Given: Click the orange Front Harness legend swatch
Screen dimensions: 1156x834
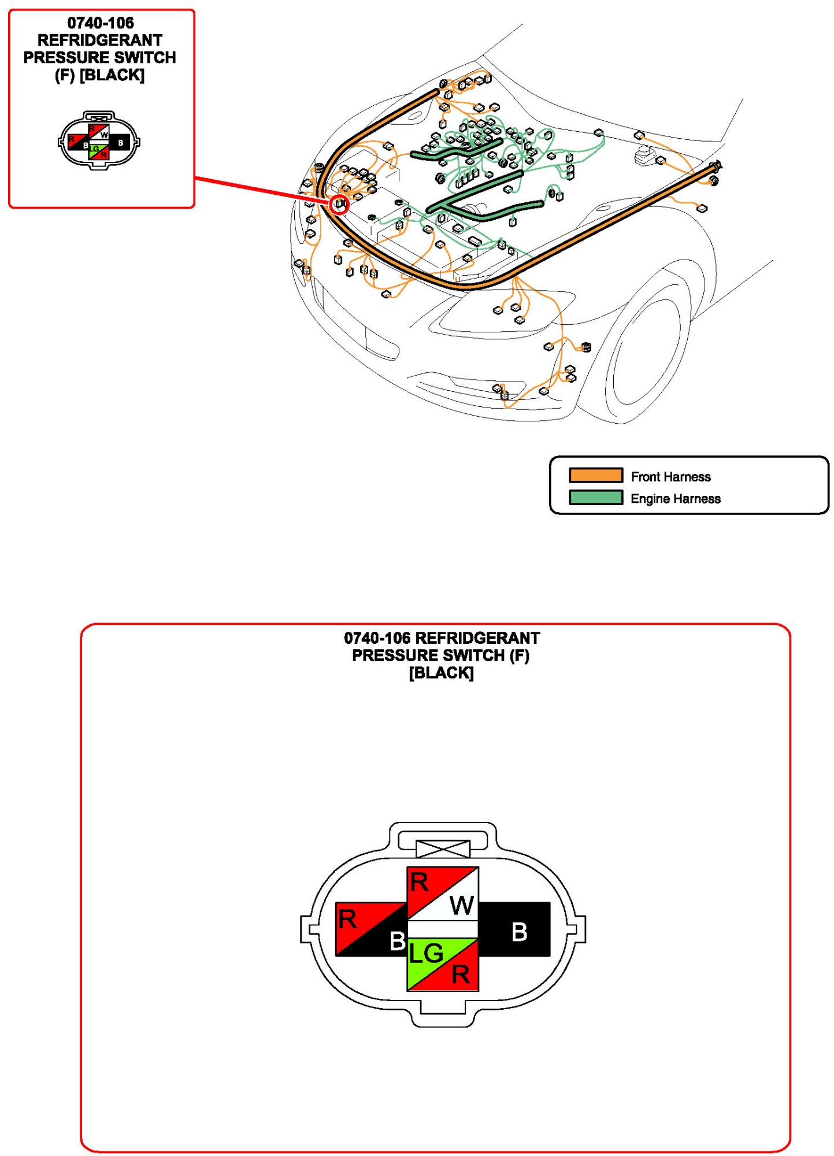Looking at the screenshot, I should point(595,475).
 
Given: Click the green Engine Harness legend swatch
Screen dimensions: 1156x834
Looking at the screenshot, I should point(595,498).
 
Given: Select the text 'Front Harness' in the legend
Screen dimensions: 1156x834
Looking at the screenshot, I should point(670,477).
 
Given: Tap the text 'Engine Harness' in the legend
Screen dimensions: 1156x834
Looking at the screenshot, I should point(675,499).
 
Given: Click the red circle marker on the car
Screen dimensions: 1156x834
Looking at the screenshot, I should point(340,204).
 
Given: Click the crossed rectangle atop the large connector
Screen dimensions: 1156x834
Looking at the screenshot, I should point(443,849).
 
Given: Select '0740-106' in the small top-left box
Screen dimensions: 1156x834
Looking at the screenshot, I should point(101,23).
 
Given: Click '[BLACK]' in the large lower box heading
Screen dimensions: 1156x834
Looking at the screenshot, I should point(441,673).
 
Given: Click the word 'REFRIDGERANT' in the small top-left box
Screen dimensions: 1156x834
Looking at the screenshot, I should point(100,40).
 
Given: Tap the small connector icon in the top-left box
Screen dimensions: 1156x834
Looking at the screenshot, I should point(99,140).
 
